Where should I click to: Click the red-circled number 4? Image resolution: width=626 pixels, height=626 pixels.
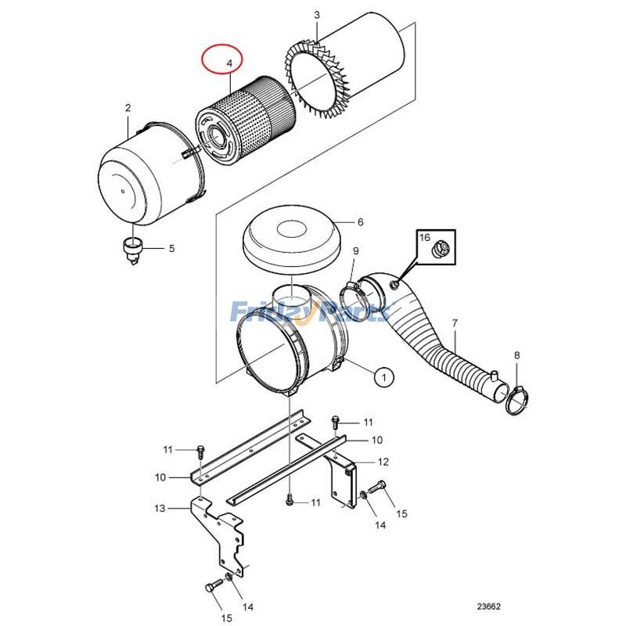[x=229, y=62]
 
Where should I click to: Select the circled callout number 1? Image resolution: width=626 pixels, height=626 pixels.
[x=383, y=377]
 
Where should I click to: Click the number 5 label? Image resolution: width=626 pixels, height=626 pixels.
[x=171, y=249]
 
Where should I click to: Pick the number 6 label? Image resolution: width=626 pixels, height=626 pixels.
[x=360, y=222]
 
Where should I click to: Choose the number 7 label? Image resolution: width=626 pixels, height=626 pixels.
[x=455, y=322]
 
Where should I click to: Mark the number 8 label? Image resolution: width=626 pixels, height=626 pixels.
[x=516, y=355]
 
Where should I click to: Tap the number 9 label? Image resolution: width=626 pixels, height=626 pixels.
[x=354, y=250]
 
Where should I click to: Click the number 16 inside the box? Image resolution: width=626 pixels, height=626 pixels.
[x=424, y=236]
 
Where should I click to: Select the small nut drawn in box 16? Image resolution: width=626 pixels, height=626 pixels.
[x=440, y=250]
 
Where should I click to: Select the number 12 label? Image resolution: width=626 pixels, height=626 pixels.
[x=383, y=462]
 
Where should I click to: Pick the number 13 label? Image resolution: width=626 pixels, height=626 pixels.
[x=160, y=509]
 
